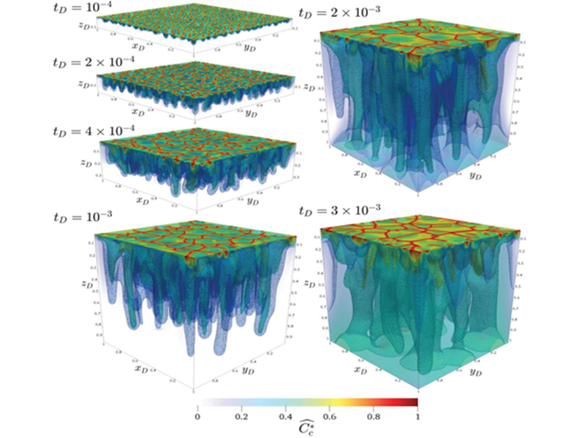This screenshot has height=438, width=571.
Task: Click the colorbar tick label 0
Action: point(197,417)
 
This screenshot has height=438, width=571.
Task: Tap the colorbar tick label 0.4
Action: point(284,417)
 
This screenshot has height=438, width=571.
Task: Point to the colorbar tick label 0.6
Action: point(328,417)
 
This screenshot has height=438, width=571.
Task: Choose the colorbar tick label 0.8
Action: point(373,417)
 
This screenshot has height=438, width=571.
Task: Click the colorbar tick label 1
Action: point(417,417)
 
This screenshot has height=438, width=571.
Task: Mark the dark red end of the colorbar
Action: point(414,401)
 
